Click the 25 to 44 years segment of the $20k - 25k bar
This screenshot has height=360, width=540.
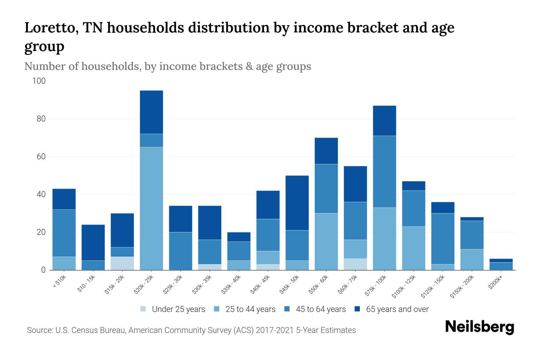(x=151, y=208)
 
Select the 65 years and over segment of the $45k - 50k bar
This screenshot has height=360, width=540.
(x=297, y=203)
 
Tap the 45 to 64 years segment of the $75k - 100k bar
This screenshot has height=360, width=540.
(x=384, y=172)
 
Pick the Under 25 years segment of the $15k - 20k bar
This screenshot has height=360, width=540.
(x=122, y=263)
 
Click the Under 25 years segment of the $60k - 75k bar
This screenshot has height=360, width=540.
(x=355, y=264)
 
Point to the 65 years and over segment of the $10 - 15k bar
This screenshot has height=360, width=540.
(x=93, y=242)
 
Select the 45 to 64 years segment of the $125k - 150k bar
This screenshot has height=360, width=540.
(x=442, y=239)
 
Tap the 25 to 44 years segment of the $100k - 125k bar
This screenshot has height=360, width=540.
(x=413, y=248)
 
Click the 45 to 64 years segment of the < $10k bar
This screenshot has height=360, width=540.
(x=64, y=233)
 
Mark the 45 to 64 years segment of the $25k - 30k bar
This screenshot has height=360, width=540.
(x=181, y=251)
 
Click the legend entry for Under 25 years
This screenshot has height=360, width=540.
(x=178, y=309)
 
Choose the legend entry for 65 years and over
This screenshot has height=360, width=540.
(x=397, y=309)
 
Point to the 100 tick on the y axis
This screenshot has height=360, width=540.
(x=39, y=81)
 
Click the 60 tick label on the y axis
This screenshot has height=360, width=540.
(x=41, y=157)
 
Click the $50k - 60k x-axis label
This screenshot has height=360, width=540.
(x=319, y=285)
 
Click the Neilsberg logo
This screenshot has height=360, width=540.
(x=479, y=327)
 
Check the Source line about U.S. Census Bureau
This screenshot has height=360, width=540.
(x=191, y=330)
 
